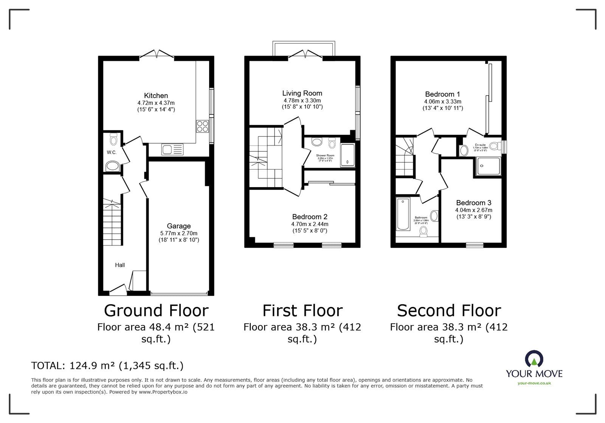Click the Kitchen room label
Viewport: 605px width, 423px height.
[156, 96]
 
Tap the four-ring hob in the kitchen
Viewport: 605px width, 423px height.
[202, 126]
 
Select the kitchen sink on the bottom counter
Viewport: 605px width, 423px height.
[172, 149]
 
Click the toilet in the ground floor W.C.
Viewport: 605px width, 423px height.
[113, 140]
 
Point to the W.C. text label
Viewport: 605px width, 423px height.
[111, 153]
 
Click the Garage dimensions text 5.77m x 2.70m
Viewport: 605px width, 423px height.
[178, 233]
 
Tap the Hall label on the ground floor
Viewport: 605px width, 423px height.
[120, 265]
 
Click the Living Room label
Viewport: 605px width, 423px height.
[302, 93]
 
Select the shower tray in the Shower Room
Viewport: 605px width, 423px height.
[347, 155]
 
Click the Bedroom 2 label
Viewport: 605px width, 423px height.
[310, 217]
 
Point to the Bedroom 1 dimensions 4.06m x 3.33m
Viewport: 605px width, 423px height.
[442, 102]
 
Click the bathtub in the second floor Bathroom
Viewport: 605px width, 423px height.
[403, 214]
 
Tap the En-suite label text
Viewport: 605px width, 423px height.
[480, 145]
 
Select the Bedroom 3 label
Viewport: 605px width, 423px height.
[473, 203]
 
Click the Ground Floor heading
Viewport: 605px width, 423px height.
[156, 311]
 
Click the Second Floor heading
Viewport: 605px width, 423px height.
[449, 311]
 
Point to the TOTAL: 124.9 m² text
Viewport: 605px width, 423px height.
[107, 366]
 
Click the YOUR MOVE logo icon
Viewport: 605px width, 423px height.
[534, 359]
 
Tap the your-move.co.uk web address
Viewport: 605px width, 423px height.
[534, 383]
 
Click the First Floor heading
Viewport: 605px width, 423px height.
[302, 311]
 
